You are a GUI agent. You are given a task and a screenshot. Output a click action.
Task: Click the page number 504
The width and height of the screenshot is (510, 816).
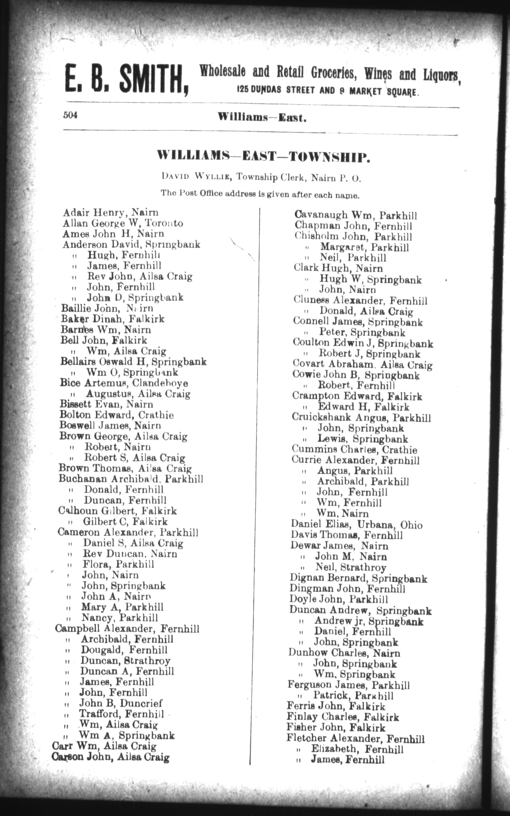coord(70,115)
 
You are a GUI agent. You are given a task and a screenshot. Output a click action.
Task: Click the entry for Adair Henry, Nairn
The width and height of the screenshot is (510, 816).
coord(110,212)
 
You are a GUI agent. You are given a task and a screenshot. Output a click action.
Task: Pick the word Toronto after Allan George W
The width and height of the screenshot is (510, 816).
coord(168,223)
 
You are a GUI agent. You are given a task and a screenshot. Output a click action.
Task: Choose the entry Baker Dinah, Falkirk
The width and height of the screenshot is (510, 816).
coord(113,319)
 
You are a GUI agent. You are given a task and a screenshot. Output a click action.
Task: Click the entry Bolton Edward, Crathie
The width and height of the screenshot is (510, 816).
coord(117,415)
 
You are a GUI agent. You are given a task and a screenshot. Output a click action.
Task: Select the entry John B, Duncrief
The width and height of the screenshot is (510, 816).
coord(121,703)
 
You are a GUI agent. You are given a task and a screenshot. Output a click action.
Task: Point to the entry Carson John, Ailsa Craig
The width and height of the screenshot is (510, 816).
coord(111,758)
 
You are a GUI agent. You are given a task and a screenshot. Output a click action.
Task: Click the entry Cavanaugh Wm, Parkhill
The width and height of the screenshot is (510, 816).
coord(355,216)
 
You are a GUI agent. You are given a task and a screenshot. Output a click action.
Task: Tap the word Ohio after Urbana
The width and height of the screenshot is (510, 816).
coord(411,525)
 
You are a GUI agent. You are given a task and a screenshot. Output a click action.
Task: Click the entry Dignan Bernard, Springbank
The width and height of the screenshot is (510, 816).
coord(358,578)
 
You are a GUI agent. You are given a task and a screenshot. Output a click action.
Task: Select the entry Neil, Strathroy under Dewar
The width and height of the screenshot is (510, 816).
coord(350,568)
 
